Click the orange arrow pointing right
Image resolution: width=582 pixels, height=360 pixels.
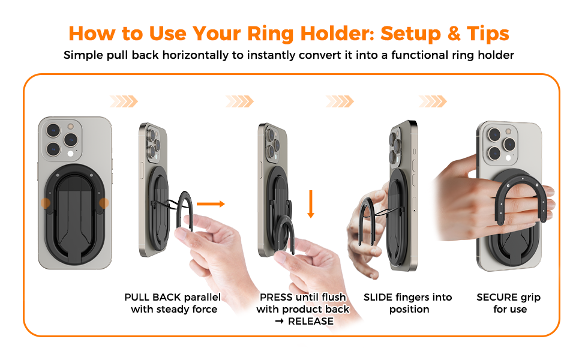pyautogui.click(x=211, y=204)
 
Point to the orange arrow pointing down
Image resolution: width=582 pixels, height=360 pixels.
pyautogui.click(x=311, y=205)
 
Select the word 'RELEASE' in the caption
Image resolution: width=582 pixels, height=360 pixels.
pyautogui.click(x=310, y=321)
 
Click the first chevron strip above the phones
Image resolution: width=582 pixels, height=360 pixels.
pyautogui.click(x=124, y=101)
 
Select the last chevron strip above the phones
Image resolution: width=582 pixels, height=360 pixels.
pyautogui.click(x=432, y=101)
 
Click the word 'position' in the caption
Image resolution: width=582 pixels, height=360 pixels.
pyautogui.click(x=409, y=310)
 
